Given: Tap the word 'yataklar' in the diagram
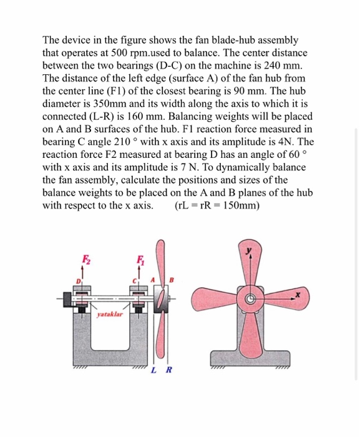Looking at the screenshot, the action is pos(110,317).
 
